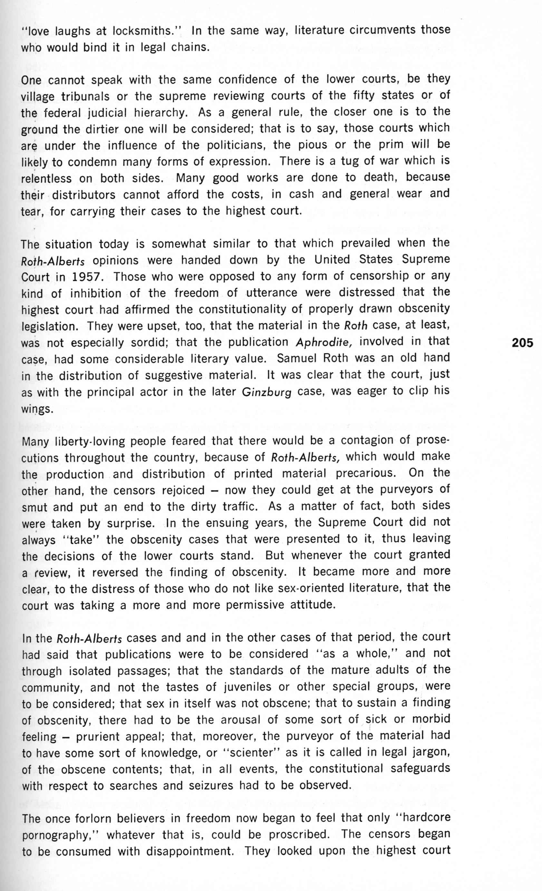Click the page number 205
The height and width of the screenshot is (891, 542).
click(x=522, y=342)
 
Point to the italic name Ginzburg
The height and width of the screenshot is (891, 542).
click(x=267, y=392)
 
